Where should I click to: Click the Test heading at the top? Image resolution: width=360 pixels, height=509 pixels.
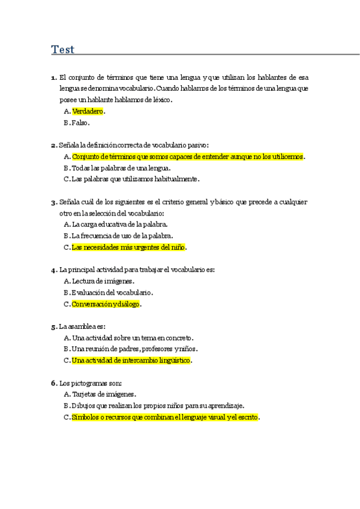point(63,49)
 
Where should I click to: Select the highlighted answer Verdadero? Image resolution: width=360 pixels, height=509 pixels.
point(88,111)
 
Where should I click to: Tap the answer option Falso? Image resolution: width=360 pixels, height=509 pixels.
point(80,122)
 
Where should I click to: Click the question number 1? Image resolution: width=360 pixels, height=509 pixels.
point(53,77)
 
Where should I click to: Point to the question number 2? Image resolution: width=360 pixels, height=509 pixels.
point(53,145)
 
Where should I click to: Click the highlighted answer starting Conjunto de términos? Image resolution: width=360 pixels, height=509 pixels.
point(187,156)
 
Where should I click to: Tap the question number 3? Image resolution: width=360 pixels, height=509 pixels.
point(53,202)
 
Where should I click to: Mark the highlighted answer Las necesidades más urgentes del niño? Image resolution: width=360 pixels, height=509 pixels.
point(128,247)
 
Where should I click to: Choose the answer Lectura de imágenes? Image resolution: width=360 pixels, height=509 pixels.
point(102,281)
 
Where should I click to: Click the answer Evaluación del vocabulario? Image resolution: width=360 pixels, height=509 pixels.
point(112,292)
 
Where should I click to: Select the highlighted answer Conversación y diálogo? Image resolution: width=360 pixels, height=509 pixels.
point(106,304)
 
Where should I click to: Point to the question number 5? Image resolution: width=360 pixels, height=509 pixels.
point(53,327)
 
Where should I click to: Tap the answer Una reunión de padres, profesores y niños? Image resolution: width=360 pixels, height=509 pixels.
point(134,349)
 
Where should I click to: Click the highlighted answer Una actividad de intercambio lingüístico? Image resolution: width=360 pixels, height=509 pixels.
point(131,360)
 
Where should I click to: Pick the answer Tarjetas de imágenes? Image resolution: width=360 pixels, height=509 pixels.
point(103,394)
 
